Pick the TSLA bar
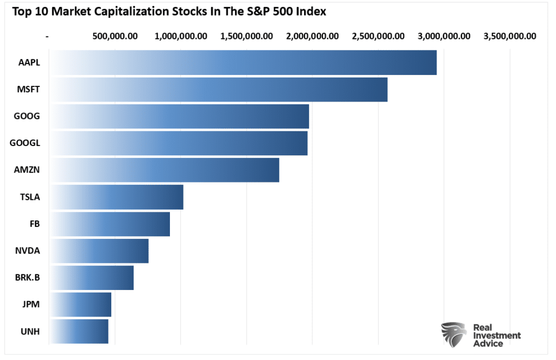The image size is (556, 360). coord(116,197)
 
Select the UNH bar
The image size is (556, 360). coord(79,331)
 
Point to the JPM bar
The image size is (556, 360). coord(80,305)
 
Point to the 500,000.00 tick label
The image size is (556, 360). coord(115,36)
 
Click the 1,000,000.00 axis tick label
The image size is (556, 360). coord(181,36)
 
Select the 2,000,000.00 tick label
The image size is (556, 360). coord(312,36)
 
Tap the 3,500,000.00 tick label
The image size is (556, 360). coord(510,36)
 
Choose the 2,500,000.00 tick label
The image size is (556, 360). coord(378,36)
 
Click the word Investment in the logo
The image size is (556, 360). coord(496,336)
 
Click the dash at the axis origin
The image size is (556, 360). coord(48,36)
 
